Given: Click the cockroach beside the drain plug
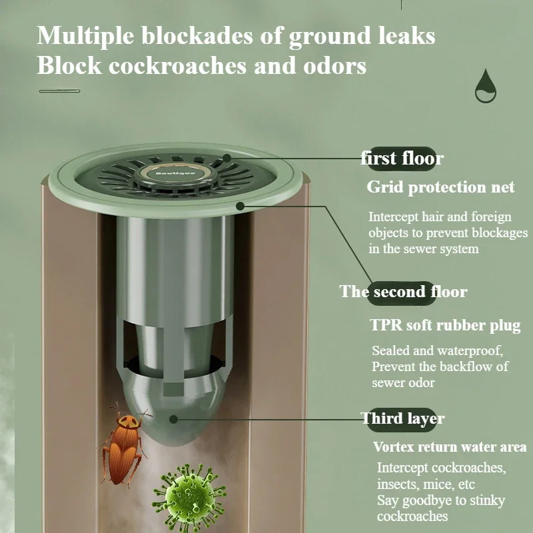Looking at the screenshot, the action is click(x=123, y=445).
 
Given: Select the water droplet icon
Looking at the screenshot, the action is click(x=486, y=86).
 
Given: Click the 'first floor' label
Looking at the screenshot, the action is click(x=402, y=159).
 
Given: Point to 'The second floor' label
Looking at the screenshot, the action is click(x=403, y=292).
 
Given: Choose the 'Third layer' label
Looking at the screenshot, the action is click(x=402, y=419).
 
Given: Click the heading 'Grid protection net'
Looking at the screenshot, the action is click(x=440, y=187).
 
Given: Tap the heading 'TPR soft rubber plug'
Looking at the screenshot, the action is click(x=445, y=325).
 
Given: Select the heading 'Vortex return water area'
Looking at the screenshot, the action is click(x=449, y=446).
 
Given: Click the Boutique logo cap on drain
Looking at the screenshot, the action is click(x=175, y=173).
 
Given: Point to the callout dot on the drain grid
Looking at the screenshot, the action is click(x=227, y=158).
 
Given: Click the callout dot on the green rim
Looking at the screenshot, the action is click(x=241, y=206).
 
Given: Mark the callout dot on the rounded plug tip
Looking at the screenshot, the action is click(x=174, y=419).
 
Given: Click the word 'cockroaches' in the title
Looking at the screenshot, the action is click(x=177, y=65).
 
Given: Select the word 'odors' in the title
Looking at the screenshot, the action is click(x=335, y=65).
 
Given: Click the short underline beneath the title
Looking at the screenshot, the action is click(x=59, y=91).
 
